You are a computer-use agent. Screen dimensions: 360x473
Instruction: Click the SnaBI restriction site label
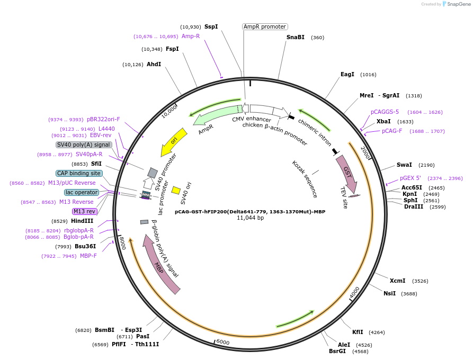(296, 38)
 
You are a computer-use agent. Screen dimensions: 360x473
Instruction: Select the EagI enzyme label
(347, 75)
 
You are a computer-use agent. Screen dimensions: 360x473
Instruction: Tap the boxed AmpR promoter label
(265, 26)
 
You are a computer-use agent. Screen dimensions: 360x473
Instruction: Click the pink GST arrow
(347, 173)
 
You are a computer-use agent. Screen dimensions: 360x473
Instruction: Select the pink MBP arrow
(161, 264)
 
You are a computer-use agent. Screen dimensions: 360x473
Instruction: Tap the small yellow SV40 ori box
(176, 190)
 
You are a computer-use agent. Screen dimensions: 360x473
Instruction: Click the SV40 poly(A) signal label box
(84, 145)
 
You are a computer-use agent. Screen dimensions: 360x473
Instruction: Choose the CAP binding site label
(79, 173)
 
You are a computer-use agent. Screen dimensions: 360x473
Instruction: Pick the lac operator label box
(82, 192)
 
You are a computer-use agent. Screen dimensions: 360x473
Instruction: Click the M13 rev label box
(85, 211)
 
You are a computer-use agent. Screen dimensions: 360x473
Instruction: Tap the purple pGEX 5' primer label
(410, 178)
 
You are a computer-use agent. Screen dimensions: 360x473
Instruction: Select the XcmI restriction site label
(397, 281)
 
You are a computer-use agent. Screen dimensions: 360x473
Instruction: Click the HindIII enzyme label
(82, 221)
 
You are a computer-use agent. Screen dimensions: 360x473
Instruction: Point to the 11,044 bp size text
(250, 218)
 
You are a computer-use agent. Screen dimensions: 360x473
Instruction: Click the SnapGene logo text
(459, 4)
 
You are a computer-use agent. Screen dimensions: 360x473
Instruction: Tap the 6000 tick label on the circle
(223, 342)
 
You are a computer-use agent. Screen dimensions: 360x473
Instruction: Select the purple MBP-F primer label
(88, 256)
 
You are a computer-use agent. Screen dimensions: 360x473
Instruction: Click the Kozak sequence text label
(305, 179)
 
